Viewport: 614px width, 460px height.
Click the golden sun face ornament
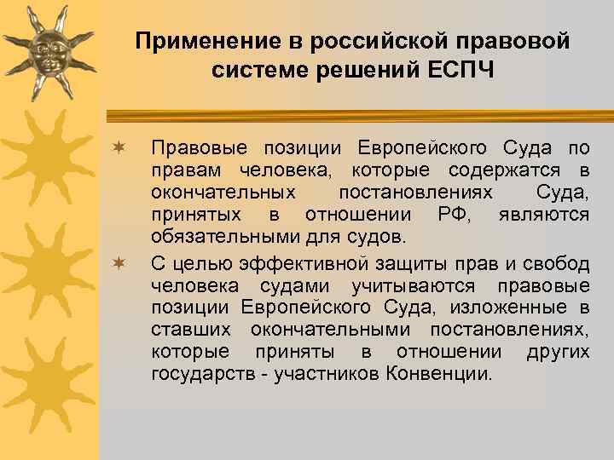pyautogui.click(x=49, y=49)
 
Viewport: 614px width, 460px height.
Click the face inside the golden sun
pyautogui.click(x=49, y=49)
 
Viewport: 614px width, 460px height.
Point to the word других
pyautogui.click(x=557, y=353)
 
